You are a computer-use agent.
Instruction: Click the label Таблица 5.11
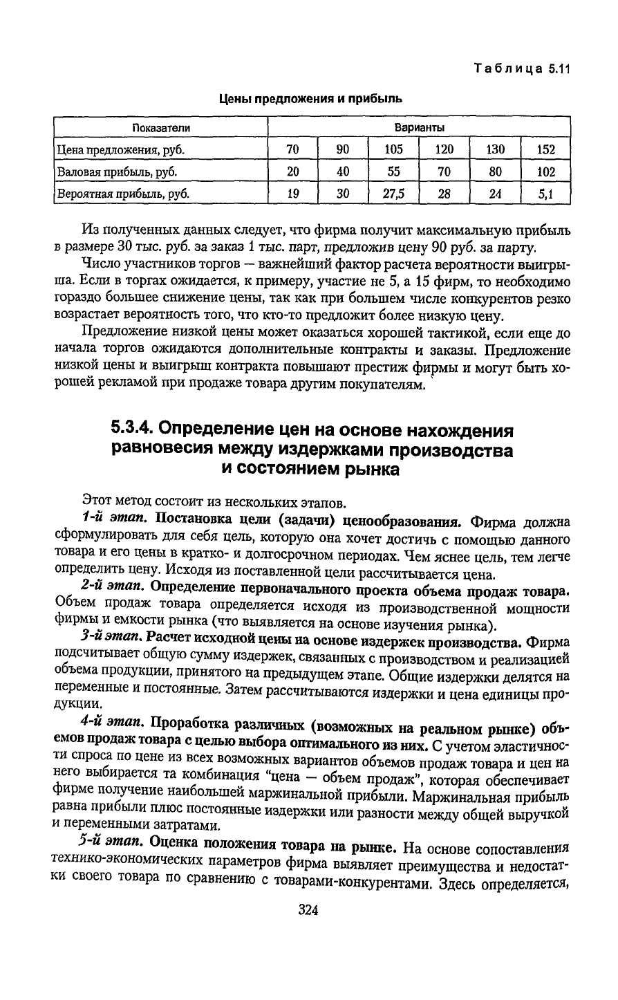[521, 69]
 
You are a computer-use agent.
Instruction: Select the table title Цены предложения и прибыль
[310, 99]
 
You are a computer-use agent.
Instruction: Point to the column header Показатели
[161, 128]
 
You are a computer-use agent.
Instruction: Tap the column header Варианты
[419, 128]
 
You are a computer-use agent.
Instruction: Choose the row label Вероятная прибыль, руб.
[123, 194]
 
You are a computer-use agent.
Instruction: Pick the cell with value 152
[545, 149]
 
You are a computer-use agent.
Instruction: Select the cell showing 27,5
[394, 194]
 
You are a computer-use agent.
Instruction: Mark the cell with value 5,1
[545, 194]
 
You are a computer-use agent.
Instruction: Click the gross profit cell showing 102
[545, 172]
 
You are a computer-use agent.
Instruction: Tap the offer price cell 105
[394, 149]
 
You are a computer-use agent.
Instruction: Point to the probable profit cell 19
[293, 194]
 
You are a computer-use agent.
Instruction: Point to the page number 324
[308, 911]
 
